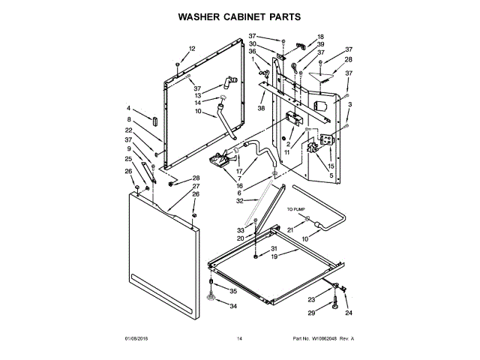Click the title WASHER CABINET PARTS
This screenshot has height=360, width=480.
[239, 15]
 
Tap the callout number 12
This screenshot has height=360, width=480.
[191, 49]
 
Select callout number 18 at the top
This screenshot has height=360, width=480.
[320, 37]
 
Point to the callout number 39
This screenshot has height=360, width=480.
[320, 44]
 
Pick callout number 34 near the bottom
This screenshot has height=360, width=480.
[233, 306]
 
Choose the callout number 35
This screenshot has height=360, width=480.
[233, 291]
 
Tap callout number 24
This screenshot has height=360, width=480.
[348, 313]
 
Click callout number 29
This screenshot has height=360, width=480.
[312, 313]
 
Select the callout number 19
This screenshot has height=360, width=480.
[274, 256]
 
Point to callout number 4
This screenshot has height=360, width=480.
[129, 109]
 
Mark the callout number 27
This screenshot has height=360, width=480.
[196, 186]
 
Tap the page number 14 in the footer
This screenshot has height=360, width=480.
[239, 339]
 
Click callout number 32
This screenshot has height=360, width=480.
[241, 201]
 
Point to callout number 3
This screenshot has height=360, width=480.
[349, 104]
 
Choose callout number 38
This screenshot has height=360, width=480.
[262, 109]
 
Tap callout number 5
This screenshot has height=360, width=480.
[331, 176]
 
